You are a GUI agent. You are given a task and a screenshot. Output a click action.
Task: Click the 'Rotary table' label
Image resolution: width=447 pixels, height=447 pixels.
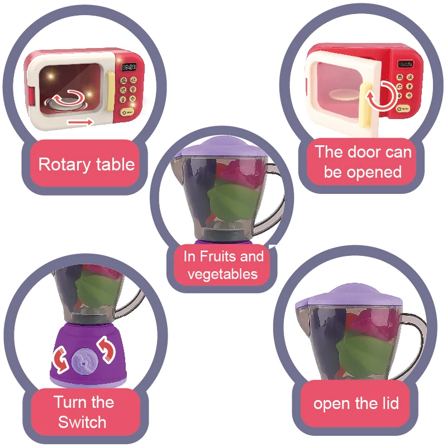click(x=86, y=164)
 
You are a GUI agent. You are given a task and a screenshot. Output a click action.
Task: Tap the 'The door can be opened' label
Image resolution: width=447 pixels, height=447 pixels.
click(x=363, y=161)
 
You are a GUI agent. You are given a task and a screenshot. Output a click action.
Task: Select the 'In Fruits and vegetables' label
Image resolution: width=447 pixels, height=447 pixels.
click(x=223, y=265)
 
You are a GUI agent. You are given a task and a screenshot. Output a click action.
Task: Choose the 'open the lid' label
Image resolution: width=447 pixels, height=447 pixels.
click(x=356, y=403)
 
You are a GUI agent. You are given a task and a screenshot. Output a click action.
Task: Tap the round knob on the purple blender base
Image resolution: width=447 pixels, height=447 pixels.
click(x=83, y=360)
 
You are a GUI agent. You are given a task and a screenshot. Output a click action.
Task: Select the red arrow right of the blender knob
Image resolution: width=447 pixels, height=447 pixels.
click(x=107, y=349)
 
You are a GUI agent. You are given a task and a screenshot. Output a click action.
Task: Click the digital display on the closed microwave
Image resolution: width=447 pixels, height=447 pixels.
click(x=129, y=67)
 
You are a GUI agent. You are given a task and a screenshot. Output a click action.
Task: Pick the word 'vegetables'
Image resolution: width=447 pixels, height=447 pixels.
click(x=223, y=274)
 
